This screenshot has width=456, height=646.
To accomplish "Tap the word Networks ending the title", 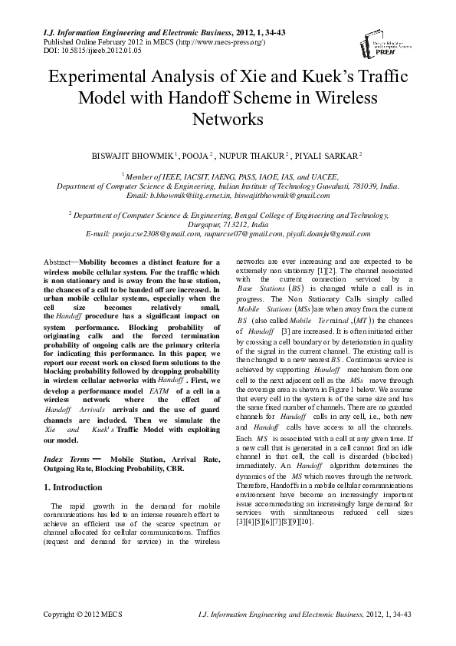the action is pyautogui.click(x=228, y=120).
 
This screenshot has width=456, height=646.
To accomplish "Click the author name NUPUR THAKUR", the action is pyautogui.click(x=252, y=157).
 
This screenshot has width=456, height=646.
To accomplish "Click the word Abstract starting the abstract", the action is pyautogui.click(x=58, y=262).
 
